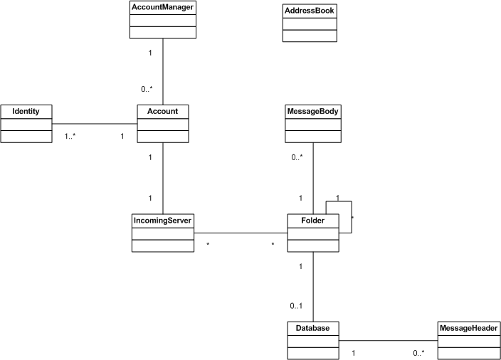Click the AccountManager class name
[163, 7]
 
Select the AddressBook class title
[310, 11]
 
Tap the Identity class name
[26, 111]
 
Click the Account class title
[163, 111]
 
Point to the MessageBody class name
[313, 111]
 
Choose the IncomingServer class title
[162, 221]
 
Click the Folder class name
[313, 221]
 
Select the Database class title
[313, 328]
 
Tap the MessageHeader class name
[469, 328]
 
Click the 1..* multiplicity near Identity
[70, 137]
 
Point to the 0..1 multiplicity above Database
[296, 306]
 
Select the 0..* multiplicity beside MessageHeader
[418, 353]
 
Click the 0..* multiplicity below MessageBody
[297, 157]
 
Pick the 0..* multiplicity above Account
[147, 89]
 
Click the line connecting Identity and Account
[95, 124]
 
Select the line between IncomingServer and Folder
[241, 233]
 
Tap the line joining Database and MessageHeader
[389, 341]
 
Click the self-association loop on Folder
[352, 217]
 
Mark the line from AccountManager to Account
[163, 72]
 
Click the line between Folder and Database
[313, 287]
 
